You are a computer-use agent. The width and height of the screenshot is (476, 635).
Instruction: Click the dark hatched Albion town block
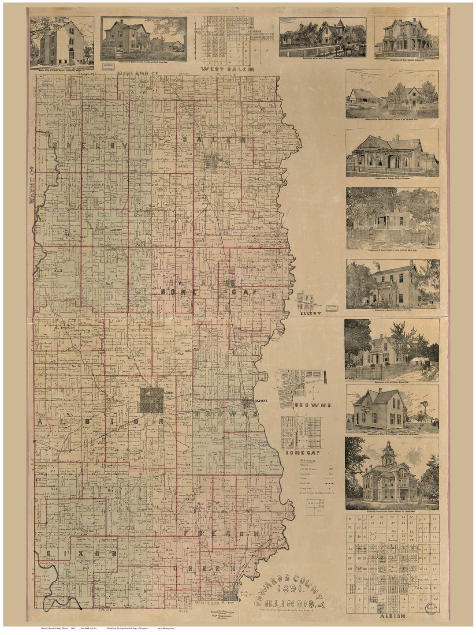(x=152, y=400)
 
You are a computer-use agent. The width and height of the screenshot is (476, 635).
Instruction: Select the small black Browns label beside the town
(x=260, y=401)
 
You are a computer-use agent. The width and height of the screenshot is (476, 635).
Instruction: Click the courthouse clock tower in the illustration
(x=388, y=454)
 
